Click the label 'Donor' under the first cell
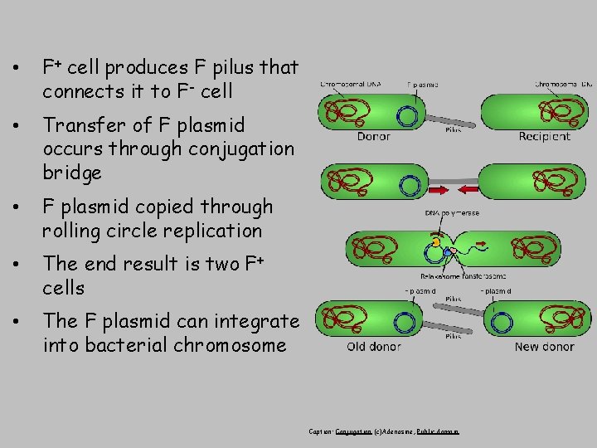click(x=374, y=137)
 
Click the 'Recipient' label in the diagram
click(x=544, y=137)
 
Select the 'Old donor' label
click(x=374, y=347)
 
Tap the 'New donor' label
click(x=544, y=347)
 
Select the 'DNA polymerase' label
click(x=451, y=214)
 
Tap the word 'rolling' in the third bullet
click(x=68, y=231)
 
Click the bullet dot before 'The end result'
click(x=17, y=265)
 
